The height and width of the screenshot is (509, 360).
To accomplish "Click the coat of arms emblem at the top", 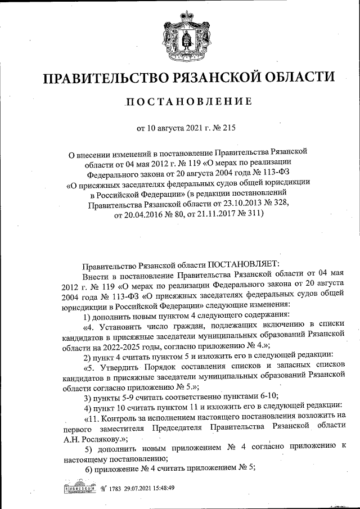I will coord(180,39).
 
